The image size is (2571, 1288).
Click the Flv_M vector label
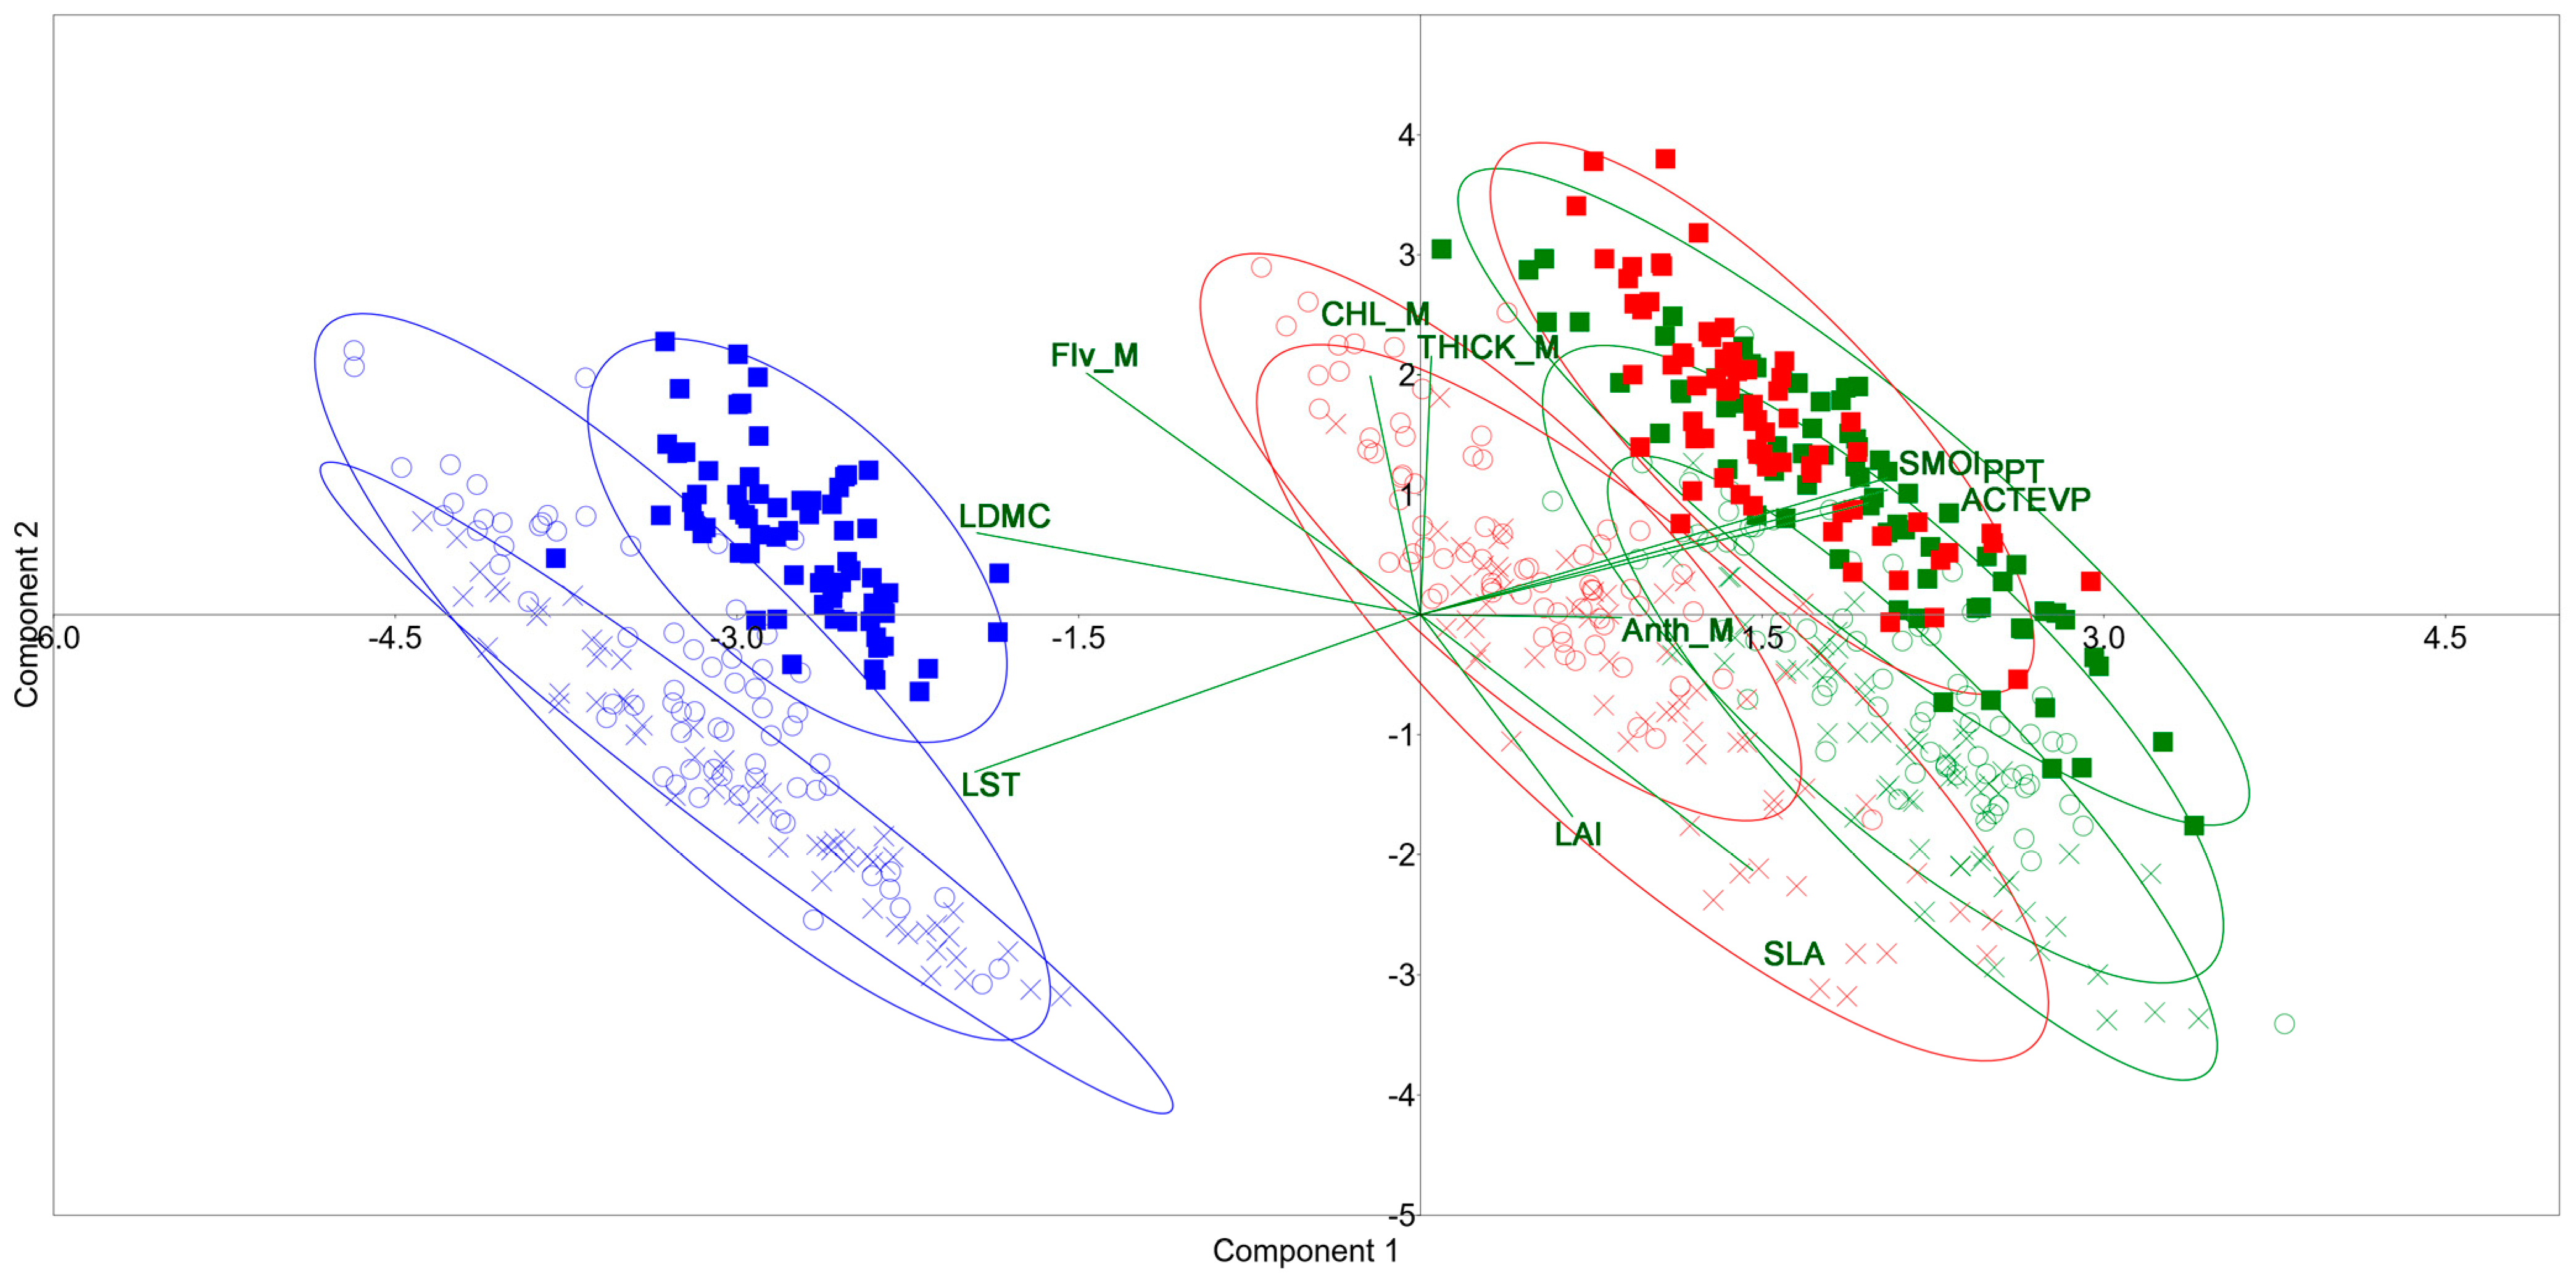pos(1094,355)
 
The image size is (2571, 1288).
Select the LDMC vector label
pos(1004,516)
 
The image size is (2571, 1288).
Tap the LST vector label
pos(990,785)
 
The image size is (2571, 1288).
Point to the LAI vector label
pos(1578,834)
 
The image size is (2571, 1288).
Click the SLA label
pos(1794,954)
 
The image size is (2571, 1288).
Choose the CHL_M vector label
pos(1374,314)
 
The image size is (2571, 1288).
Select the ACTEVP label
pos(2025,499)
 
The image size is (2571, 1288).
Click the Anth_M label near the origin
pos(1678,631)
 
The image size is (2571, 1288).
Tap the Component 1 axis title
pos(1304,1250)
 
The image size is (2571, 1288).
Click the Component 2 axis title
pos(26,613)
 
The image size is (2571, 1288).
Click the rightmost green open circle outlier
pos(2283,1023)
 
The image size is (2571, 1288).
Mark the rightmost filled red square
pos(2090,581)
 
